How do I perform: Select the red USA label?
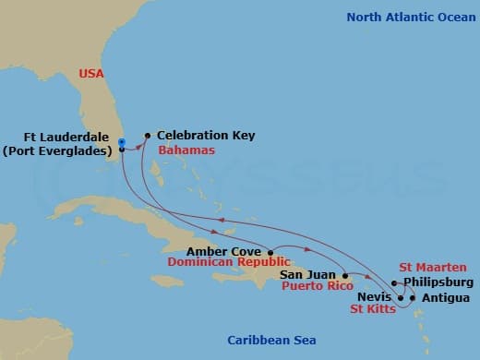90,73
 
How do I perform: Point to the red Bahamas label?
186,150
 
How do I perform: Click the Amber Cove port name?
224,250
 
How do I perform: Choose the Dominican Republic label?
221,263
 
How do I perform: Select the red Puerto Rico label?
309,287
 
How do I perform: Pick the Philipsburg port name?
438,282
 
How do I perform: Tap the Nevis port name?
374,297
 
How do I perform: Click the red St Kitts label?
372,309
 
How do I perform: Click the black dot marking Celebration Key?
147,135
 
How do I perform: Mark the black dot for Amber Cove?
270,251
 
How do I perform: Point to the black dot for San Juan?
344,275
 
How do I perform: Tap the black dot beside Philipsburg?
394,282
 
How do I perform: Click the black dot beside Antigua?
412,297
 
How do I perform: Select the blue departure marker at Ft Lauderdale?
121,142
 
